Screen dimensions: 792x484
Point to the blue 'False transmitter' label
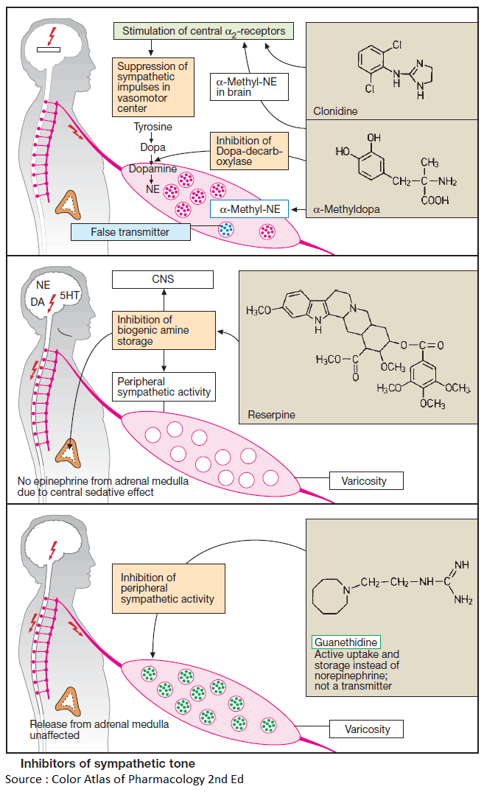130,232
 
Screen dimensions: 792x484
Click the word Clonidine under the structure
334,111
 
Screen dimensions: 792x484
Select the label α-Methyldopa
347,209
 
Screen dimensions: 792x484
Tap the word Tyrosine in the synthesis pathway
152,127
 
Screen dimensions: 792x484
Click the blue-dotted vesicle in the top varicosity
225,229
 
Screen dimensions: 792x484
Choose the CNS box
162,279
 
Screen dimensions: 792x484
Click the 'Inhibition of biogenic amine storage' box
164,330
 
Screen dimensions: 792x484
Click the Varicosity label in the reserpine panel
367,482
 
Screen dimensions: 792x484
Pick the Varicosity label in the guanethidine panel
367,729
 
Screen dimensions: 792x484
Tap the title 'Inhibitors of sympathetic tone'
108,764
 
